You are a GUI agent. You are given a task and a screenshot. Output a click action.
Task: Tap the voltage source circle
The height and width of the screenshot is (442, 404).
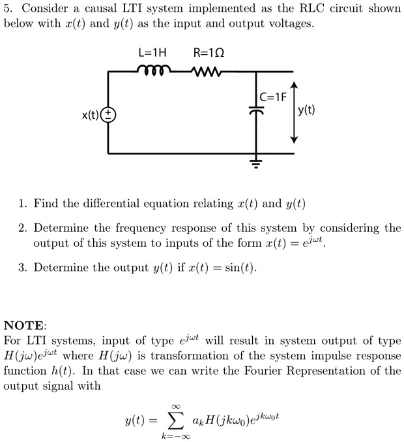coord(108,115)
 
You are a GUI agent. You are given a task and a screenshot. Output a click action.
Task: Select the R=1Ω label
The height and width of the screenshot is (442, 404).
coord(209,52)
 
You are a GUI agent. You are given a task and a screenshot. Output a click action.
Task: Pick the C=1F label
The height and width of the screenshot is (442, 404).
coord(273,97)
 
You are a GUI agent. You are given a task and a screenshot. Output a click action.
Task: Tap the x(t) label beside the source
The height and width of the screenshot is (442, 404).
coord(91,116)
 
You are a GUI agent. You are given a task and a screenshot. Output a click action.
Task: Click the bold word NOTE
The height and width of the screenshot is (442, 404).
coord(25,325)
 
